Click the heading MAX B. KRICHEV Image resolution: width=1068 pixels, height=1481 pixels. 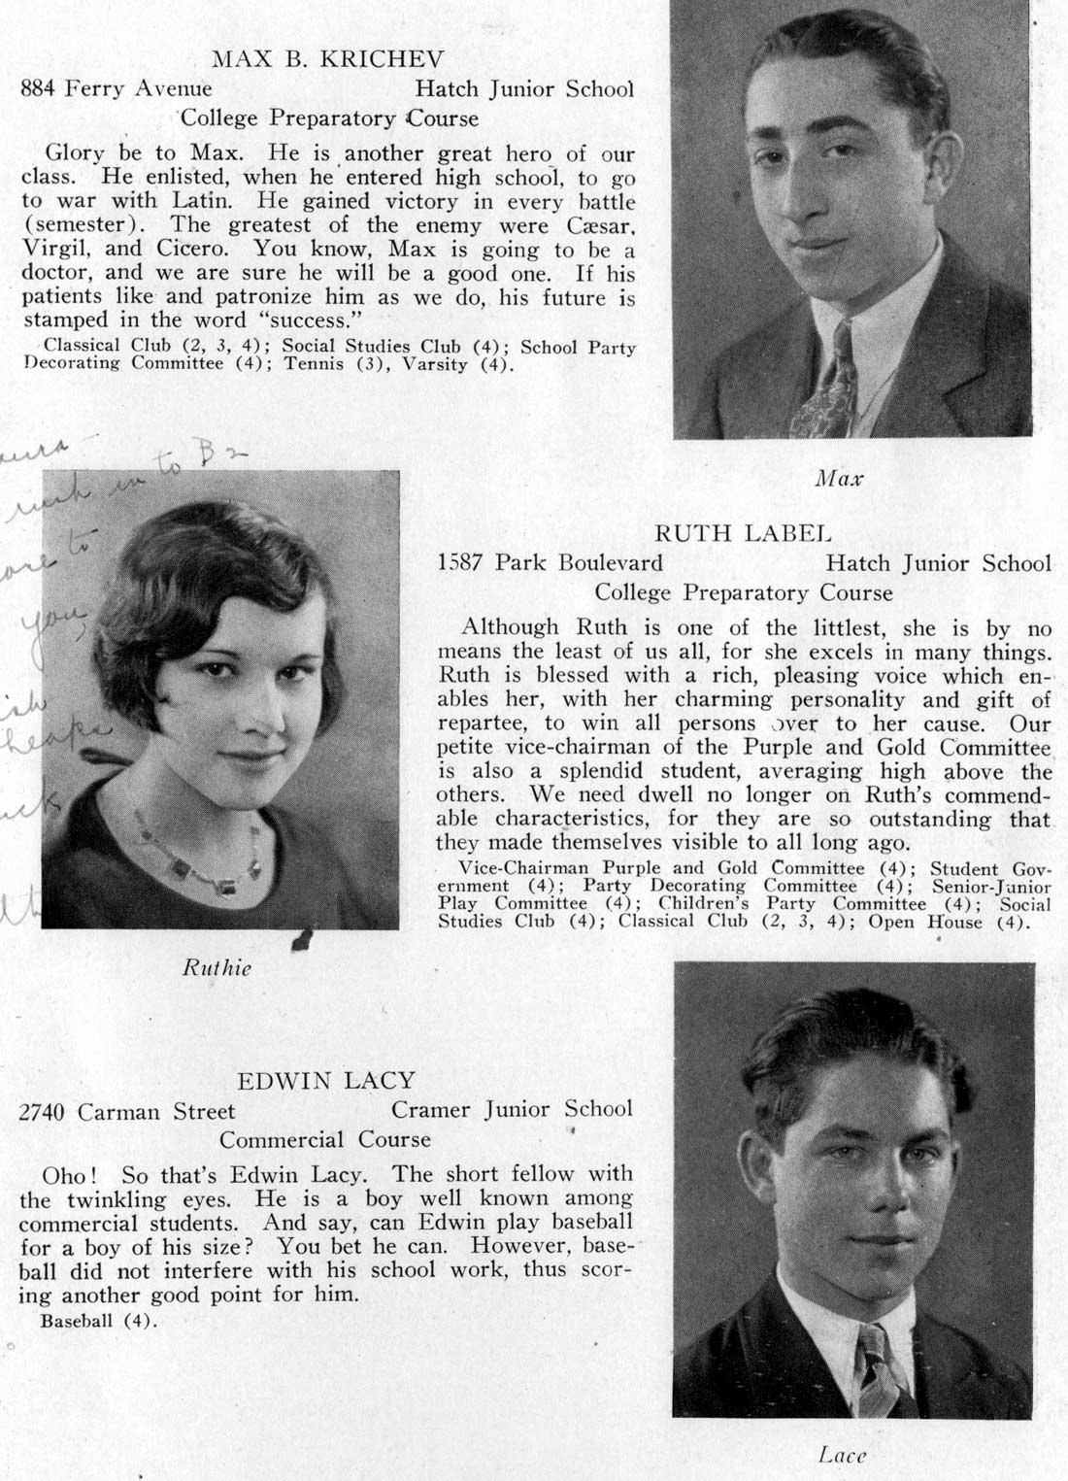(327, 59)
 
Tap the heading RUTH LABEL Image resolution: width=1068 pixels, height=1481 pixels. (743, 533)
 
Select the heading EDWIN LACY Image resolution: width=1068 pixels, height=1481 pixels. (326, 1080)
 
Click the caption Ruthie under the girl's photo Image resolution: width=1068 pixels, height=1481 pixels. (217, 967)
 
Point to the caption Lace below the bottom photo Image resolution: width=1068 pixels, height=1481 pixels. (841, 1454)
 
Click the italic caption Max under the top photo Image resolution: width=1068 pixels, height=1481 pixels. (839, 478)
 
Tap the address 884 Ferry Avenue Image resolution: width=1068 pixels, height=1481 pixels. (117, 89)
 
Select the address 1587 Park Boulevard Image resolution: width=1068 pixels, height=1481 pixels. (551, 563)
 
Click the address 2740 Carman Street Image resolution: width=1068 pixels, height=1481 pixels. (127, 1111)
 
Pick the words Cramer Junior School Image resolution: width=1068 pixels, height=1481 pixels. (512, 1109)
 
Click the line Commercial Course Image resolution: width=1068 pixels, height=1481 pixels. (324, 1139)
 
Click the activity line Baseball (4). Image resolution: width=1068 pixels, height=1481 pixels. (97, 1321)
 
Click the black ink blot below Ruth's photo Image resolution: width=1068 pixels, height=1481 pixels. (302, 939)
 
